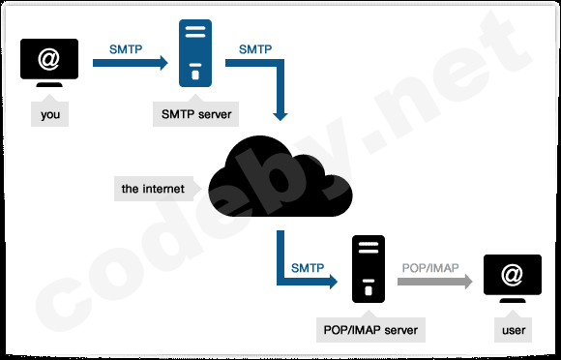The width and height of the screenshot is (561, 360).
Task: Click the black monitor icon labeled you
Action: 50,64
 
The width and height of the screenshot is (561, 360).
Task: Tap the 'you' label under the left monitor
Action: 50,116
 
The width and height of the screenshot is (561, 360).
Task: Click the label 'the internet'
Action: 152,189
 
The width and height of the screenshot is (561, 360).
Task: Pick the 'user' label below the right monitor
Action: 513,331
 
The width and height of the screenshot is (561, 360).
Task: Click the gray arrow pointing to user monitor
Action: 434,282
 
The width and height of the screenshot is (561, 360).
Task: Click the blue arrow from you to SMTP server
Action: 130,64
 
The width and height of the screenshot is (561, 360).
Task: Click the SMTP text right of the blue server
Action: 255,48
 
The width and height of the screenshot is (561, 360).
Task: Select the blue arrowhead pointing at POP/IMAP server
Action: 330,282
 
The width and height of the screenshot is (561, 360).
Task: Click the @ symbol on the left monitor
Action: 50,59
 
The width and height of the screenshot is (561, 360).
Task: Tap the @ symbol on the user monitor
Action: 512,276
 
